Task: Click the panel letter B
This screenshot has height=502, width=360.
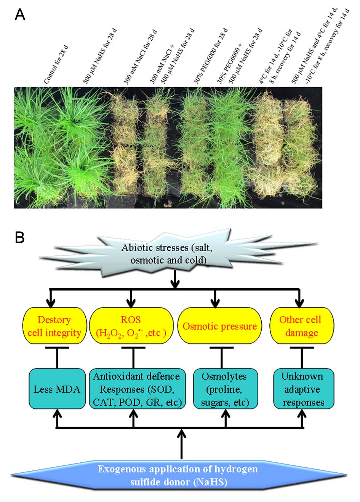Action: (x=20, y=237)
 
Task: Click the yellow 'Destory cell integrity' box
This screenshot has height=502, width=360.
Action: (x=54, y=326)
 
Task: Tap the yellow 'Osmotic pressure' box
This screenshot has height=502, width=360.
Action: (x=220, y=326)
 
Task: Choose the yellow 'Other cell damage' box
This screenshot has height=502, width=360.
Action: (x=301, y=326)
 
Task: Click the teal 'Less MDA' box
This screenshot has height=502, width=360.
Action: (x=57, y=389)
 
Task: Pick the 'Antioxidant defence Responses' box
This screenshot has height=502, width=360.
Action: (x=136, y=389)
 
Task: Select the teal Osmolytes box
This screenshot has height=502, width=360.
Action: (x=225, y=389)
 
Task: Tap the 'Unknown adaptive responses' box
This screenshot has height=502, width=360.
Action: (x=303, y=389)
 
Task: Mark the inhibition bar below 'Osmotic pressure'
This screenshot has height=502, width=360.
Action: (x=222, y=347)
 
